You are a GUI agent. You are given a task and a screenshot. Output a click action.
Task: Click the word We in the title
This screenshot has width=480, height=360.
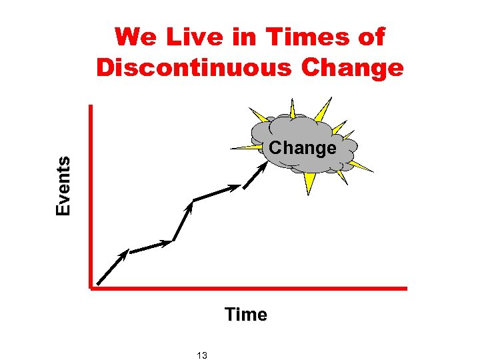coord(135,37)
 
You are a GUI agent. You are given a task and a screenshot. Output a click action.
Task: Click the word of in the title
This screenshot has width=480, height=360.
coord(371,37)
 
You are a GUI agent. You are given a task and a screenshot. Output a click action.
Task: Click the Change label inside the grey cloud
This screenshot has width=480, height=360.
coord(303,147)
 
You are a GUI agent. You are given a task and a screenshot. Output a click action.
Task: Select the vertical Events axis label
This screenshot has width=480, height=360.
coord(63,185)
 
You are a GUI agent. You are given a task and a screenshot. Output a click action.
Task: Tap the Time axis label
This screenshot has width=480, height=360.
coord(246,314)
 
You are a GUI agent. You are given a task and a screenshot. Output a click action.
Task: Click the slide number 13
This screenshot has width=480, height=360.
coord(202,355)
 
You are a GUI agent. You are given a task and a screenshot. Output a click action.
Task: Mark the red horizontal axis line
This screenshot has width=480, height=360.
coord(247,289)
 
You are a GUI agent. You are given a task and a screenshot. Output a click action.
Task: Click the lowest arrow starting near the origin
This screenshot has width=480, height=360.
coord(112,267)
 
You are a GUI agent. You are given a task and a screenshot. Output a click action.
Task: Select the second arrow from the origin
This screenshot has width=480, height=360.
coord(151,246)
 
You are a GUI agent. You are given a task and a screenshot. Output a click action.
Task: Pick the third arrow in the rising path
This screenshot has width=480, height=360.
coord(183,221)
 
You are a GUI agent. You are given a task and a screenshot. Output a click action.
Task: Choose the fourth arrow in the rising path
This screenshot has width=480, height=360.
coord(215,193)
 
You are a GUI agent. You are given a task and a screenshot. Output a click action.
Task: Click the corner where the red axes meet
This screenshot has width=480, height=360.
coord(91,288)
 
